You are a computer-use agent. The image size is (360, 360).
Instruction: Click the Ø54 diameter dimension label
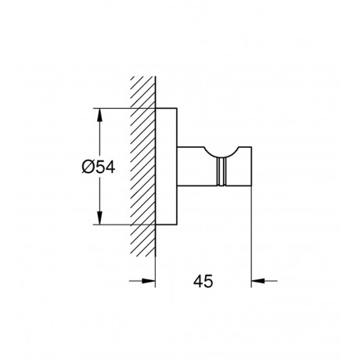click(x=98, y=167)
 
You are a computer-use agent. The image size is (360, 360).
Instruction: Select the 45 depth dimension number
click(x=203, y=281)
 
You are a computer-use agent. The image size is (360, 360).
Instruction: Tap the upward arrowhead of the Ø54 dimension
click(x=99, y=115)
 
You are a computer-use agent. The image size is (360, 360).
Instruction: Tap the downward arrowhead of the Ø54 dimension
click(x=99, y=218)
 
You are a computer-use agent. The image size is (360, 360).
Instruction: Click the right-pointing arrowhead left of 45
click(x=149, y=281)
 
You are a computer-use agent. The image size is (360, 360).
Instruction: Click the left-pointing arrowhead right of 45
click(x=258, y=281)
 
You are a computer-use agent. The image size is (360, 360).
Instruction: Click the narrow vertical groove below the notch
click(x=221, y=172)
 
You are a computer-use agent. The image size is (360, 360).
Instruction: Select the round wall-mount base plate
click(x=167, y=166)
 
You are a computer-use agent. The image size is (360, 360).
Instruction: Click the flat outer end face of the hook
click(x=251, y=167)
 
